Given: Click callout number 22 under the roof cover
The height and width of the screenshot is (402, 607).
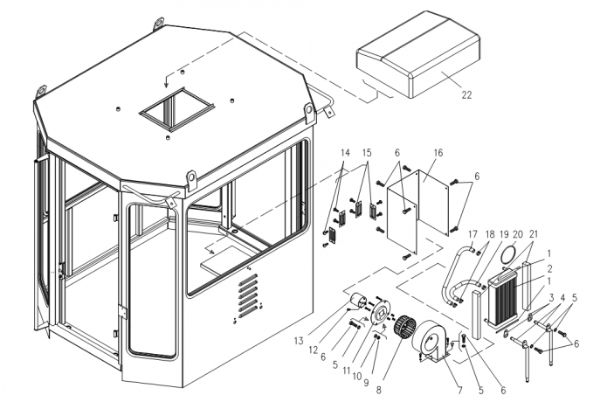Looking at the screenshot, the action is click(467, 95).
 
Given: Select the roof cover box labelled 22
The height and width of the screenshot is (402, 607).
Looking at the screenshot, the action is click(418, 54).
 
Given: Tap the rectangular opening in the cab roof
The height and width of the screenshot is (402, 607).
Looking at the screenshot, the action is click(176, 109).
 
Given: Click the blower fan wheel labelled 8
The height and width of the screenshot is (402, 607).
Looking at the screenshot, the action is click(404, 330).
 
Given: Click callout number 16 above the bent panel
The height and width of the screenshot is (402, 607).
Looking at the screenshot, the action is click(438, 153).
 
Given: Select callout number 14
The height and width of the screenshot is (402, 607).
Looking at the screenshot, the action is click(345, 153).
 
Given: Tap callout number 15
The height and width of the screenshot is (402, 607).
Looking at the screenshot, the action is click(367, 153).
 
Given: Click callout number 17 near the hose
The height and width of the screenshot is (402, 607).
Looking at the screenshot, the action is click(472, 235).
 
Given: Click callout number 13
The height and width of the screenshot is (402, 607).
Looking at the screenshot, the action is click(299, 341).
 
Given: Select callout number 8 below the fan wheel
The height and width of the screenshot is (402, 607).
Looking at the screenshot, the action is click(378, 390).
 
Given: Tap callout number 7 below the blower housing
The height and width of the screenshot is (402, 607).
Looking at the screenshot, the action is click(459, 390).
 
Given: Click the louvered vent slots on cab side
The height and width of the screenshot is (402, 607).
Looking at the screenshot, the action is click(248, 296).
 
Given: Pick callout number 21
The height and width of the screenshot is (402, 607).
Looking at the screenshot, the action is click(534, 235).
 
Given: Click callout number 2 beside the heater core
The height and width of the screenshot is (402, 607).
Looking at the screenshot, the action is click(549, 268).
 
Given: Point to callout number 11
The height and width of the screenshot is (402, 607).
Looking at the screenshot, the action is click(347, 371).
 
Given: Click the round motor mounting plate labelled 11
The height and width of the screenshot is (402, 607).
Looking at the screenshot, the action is click(377, 313).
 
